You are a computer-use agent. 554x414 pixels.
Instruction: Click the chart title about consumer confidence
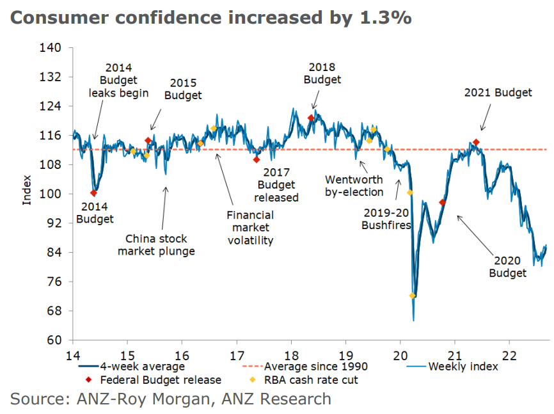coord(210,17)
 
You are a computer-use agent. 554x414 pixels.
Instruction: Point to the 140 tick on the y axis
coord(52,48)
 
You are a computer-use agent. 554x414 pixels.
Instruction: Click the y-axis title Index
coord(27,190)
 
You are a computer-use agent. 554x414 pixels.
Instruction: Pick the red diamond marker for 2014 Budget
coord(94,193)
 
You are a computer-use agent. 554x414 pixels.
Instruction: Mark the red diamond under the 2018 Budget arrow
coord(311,118)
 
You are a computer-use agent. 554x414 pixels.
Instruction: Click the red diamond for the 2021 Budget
coord(476,142)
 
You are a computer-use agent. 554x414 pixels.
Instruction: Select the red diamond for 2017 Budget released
coord(257,160)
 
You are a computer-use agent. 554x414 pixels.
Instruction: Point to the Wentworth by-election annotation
coord(354,186)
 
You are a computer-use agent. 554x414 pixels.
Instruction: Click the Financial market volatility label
coord(250,228)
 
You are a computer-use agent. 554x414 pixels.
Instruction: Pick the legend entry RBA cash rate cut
coord(322,380)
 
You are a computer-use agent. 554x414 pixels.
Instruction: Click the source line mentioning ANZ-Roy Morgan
coord(171,399)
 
